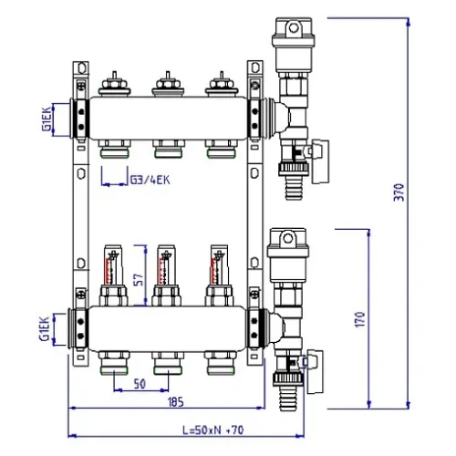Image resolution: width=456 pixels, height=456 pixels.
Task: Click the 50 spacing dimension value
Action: [x=140, y=384]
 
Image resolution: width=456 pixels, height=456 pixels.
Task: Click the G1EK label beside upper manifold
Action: [x=46, y=117]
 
